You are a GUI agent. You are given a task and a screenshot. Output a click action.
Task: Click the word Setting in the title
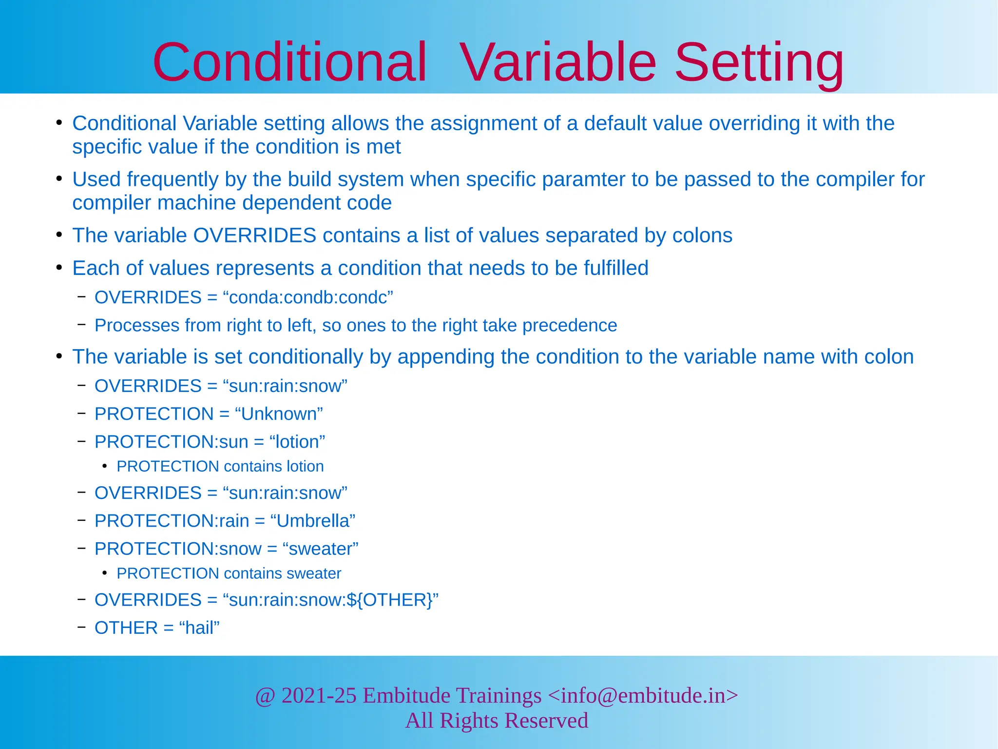tap(759, 63)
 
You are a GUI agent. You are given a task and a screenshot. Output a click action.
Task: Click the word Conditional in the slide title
tap(289, 63)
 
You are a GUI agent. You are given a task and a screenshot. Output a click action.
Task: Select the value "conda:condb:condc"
tap(308, 297)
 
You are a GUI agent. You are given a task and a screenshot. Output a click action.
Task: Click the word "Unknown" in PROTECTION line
tap(279, 414)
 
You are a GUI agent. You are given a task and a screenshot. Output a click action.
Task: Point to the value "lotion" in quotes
tap(297, 442)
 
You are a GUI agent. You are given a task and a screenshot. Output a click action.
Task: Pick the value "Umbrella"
tap(312, 521)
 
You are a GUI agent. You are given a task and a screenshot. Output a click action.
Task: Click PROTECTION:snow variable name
tap(178, 549)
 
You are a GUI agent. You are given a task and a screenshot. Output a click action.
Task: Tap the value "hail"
tap(199, 628)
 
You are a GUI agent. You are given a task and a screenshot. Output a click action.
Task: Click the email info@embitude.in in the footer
tap(643, 695)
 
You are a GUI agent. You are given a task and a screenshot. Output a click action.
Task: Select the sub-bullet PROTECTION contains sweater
tap(229, 573)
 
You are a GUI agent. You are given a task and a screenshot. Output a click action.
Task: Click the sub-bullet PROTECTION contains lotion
tap(220, 467)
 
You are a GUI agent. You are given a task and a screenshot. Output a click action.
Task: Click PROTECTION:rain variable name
tap(172, 521)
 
